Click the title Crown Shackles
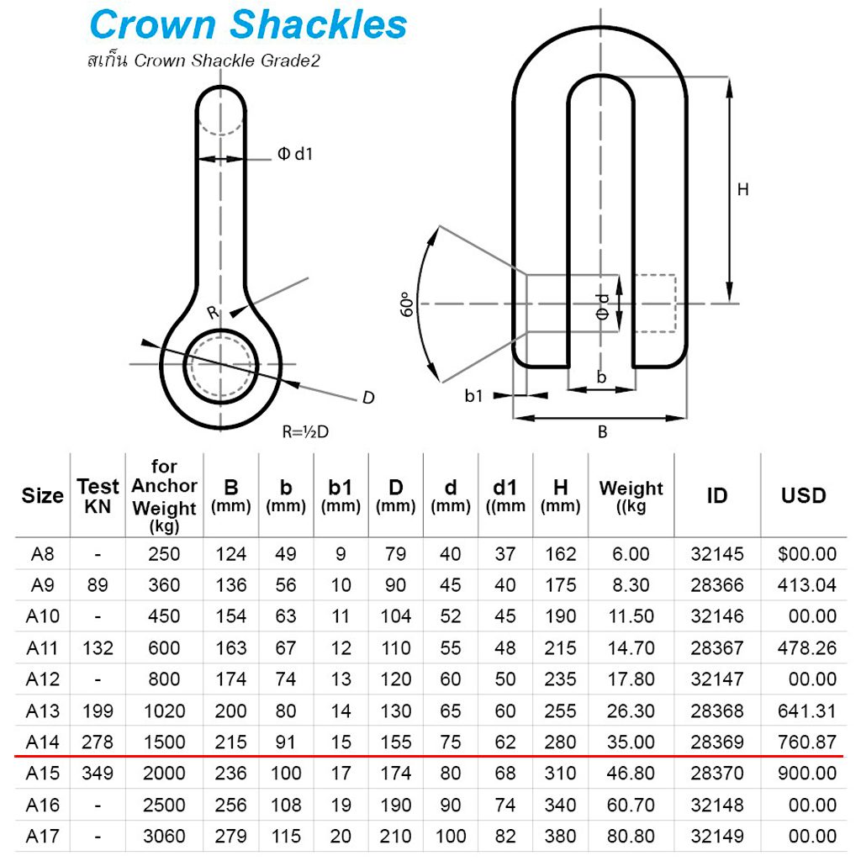point(247,25)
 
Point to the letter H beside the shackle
point(742,190)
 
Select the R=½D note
point(305,432)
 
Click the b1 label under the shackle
point(474,395)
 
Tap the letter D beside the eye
point(367,398)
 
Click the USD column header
point(803,495)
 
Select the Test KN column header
point(98,495)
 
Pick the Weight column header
point(631,495)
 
